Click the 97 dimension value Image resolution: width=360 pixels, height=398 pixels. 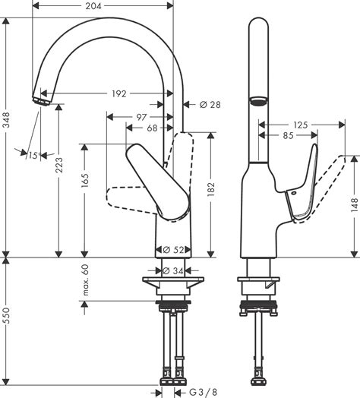(142, 117)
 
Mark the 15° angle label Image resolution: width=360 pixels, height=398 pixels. (33, 156)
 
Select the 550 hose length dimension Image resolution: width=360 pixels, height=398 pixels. (8, 323)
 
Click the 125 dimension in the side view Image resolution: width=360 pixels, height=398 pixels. (302, 124)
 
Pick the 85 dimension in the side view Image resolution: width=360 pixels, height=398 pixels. (289, 136)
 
